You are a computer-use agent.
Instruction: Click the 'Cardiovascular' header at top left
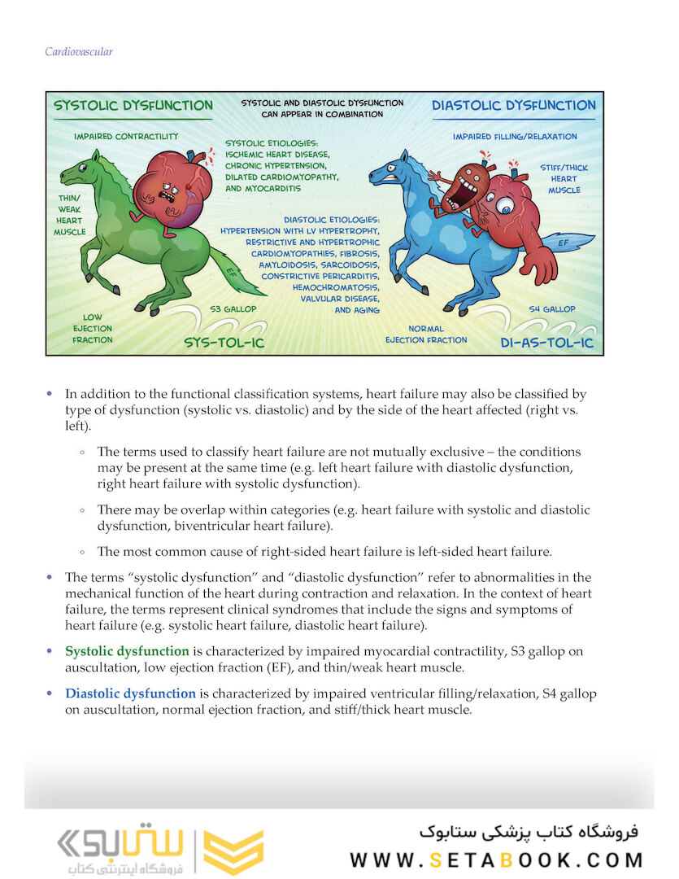pyautogui.click(x=79, y=52)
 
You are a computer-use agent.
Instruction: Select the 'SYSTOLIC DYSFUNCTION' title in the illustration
pyautogui.click(x=133, y=106)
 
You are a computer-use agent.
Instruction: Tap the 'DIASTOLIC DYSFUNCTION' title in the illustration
pyautogui.click(x=513, y=106)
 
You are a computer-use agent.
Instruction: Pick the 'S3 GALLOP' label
pyautogui.click(x=233, y=309)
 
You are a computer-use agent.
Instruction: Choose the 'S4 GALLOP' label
pyautogui.click(x=551, y=309)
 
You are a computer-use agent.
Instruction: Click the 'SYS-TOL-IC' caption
pyautogui.click(x=225, y=342)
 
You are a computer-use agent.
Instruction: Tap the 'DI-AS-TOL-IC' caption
pyautogui.click(x=546, y=343)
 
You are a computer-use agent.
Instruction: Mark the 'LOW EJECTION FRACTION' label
pyautogui.click(x=92, y=328)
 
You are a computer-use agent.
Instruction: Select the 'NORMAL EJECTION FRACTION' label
pyautogui.click(x=426, y=335)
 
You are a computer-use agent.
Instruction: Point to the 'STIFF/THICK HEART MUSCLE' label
pyautogui.click(x=564, y=178)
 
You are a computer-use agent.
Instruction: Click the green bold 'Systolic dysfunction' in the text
pyautogui.click(x=127, y=651)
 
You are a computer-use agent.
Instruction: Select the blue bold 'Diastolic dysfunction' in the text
pyautogui.click(x=130, y=693)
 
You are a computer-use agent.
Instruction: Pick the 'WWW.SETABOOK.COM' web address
pyautogui.click(x=497, y=859)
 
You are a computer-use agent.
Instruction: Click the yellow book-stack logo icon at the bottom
pyautogui.click(x=233, y=851)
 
